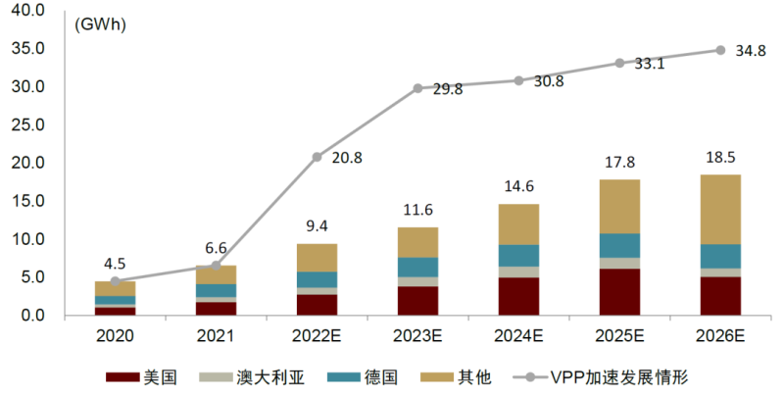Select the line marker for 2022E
317,157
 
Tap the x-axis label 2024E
518,335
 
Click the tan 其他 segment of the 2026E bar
719,209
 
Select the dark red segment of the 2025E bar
619,292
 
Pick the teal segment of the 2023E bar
417,267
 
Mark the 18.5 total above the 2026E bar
719,157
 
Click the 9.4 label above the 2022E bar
317,226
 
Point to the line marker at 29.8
417,88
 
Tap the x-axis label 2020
116,335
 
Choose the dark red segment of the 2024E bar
518,296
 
